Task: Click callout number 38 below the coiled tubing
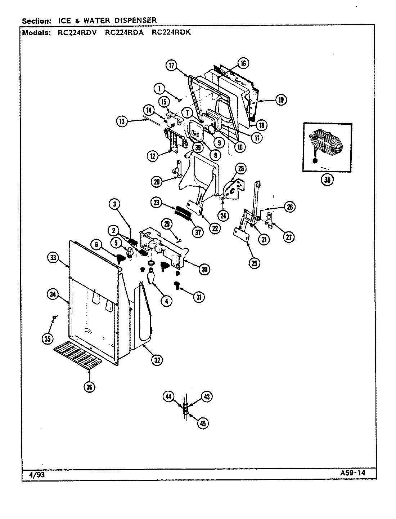327,180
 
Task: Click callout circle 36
90,387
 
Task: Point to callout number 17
172,65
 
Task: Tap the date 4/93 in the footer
36,475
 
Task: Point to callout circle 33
53,257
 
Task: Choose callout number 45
203,423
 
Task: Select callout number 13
122,121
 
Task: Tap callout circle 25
254,263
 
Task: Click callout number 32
157,360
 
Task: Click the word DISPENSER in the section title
135,21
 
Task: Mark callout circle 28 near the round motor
240,168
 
